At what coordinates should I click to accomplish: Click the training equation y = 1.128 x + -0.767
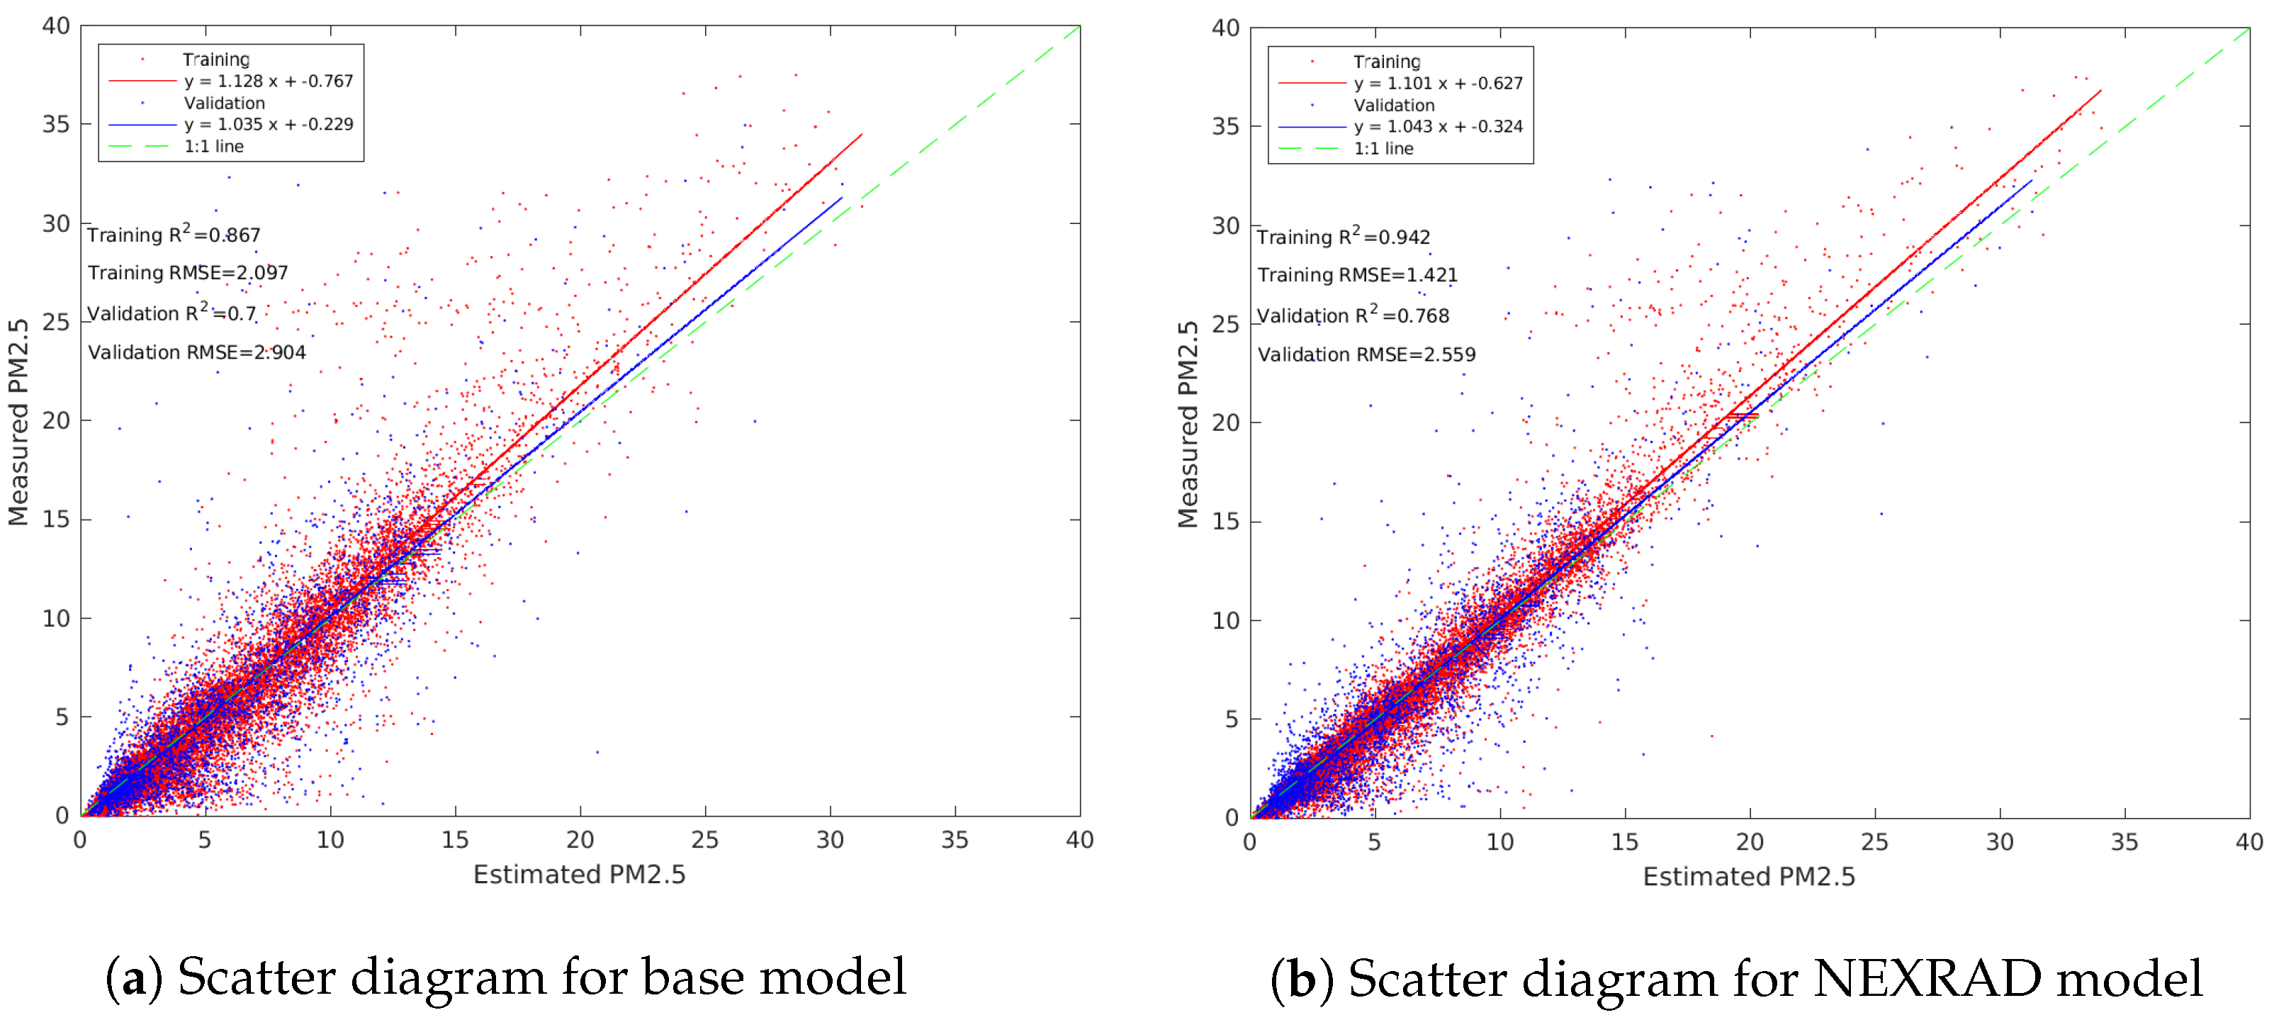tap(269, 82)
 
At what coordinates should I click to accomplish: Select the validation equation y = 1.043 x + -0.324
tap(1438, 126)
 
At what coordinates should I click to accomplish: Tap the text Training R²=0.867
tap(174, 235)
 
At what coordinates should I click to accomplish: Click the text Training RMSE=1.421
tap(1357, 276)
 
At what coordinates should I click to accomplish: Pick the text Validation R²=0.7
tap(171, 313)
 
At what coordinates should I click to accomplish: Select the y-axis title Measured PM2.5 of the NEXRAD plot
tap(1188, 424)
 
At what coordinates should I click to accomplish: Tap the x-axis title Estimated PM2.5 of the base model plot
tap(579, 874)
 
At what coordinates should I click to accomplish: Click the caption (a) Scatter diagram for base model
tap(507, 977)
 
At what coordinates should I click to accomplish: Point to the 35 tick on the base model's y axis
tap(57, 125)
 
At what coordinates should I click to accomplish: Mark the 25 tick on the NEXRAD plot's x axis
tap(1874, 842)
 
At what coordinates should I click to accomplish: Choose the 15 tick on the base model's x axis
tap(455, 840)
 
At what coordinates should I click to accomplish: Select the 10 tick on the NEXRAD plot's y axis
tap(1225, 620)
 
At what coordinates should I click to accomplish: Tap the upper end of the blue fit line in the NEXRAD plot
tap(2031, 181)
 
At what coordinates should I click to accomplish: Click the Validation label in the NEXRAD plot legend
tap(1394, 105)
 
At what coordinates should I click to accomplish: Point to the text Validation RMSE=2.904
tap(197, 352)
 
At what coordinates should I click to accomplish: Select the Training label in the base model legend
tap(216, 59)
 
